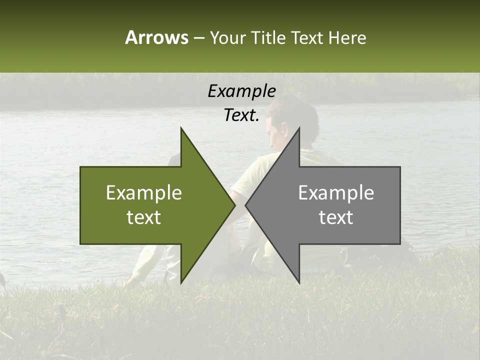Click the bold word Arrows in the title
pos(156,37)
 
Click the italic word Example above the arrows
pos(241,91)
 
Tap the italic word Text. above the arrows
pos(241,115)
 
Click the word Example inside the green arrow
pos(144,193)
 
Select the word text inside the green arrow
pos(144,217)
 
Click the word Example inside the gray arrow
pos(336,193)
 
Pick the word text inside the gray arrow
pos(336,217)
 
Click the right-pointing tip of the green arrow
pos(234,205)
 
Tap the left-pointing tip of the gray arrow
pos(246,205)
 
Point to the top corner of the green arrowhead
pos(181,128)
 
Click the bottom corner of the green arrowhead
pos(181,282)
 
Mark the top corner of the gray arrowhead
pos(299,128)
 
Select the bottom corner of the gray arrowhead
pos(299,282)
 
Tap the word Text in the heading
pos(307,37)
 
